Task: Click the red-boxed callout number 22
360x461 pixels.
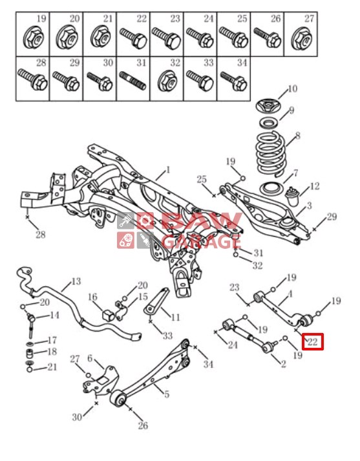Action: [x=312, y=341]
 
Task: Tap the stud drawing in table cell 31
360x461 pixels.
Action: [x=132, y=81]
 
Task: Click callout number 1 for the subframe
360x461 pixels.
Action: [x=168, y=169]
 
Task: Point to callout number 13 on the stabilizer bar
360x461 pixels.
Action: [x=76, y=281]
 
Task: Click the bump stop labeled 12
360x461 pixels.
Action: [x=292, y=196]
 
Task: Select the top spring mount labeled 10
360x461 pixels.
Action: [x=268, y=106]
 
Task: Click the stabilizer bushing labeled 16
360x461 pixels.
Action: [x=108, y=315]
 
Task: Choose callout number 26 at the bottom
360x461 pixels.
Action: [x=143, y=425]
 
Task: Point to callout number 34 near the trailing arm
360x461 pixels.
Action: [x=208, y=364]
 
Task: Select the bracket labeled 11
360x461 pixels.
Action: [x=156, y=302]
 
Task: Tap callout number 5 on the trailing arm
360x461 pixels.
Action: [x=167, y=394]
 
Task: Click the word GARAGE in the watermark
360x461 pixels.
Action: [x=202, y=241]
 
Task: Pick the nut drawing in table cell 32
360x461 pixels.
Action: [x=167, y=81]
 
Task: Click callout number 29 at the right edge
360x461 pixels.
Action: [x=332, y=217]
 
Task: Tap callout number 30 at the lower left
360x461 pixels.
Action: [x=77, y=416]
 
